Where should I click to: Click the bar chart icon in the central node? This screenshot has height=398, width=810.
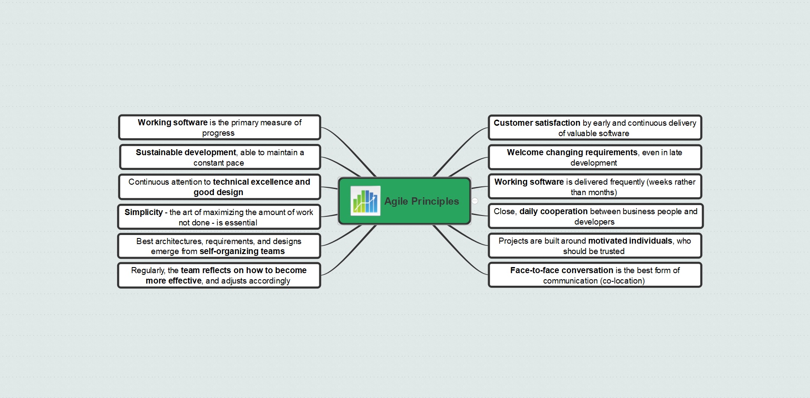click(365, 201)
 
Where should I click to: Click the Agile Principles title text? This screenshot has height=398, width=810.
click(421, 201)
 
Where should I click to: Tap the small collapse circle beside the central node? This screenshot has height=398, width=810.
click(475, 201)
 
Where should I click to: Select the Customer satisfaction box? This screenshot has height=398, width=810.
click(594, 127)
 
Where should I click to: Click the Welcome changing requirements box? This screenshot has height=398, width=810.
click(594, 157)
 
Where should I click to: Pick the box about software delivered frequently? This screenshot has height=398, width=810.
click(594, 187)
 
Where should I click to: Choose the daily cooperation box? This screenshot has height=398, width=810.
click(595, 216)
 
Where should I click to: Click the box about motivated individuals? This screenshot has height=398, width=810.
click(594, 246)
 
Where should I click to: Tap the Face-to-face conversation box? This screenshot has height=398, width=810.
click(594, 275)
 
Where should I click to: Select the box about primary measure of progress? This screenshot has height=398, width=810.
click(220, 127)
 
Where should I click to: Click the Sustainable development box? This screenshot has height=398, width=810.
click(220, 157)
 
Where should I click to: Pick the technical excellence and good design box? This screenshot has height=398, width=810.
click(220, 187)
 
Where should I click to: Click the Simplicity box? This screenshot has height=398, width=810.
click(219, 217)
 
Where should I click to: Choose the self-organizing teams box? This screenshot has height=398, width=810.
click(219, 246)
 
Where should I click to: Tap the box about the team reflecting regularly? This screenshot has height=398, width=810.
click(219, 275)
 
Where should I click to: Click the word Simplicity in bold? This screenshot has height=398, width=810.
click(144, 212)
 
